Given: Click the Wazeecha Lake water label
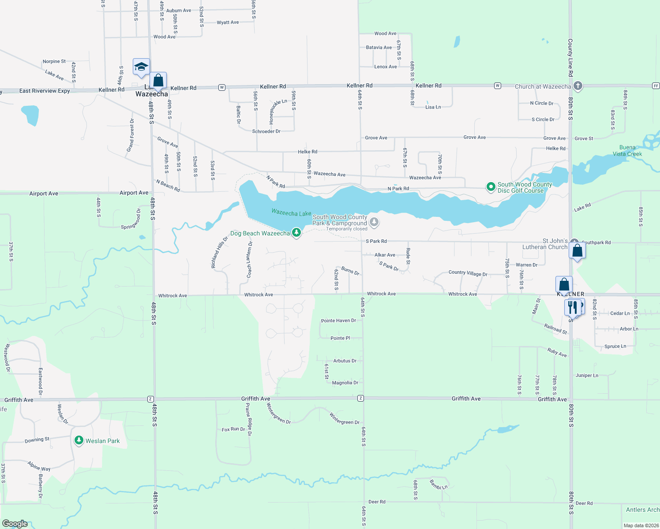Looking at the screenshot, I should pyautogui.click(x=291, y=213).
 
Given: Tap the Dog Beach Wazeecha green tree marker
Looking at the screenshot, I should pyautogui.click(x=296, y=232).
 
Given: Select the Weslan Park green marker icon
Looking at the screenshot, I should pyautogui.click(x=79, y=440).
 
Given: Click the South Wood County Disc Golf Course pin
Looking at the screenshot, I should pyautogui.click(x=491, y=187).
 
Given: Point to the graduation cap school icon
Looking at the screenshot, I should pyautogui.click(x=141, y=67).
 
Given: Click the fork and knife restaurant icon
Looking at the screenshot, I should pyautogui.click(x=572, y=307).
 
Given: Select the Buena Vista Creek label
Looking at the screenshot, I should pyautogui.click(x=627, y=151).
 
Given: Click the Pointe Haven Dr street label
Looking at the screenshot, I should pyautogui.click(x=338, y=320).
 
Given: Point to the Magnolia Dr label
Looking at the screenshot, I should pyautogui.click(x=345, y=383).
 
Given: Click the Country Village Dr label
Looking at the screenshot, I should pyautogui.click(x=468, y=273).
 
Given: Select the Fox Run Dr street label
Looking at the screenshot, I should pyautogui.click(x=233, y=429).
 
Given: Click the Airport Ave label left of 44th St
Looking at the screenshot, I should pyautogui.click(x=44, y=194).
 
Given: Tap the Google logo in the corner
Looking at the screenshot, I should pyautogui.click(x=15, y=523).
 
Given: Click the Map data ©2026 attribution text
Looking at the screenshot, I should pyautogui.click(x=641, y=525).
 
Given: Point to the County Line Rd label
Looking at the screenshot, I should pyautogui.click(x=570, y=57).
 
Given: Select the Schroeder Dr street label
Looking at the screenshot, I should pyautogui.click(x=266, y=131).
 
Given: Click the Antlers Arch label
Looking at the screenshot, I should pyautogui.click(x=642, y=510).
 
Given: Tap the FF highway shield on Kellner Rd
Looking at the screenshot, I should pyautogui.click(x=656, y=86).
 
